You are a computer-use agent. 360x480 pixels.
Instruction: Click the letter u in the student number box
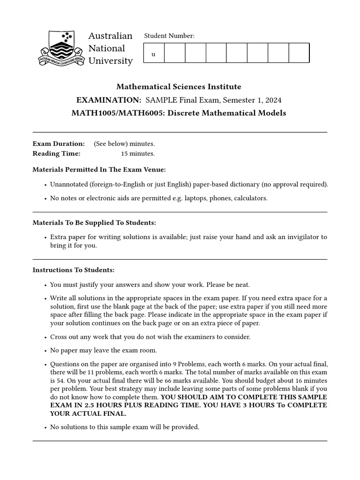coord(153,54)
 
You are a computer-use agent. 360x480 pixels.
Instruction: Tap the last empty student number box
coord(299,53)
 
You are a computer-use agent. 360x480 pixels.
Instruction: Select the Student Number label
coord(169,36)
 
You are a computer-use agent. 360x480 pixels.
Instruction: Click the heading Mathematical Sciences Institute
coord(179,87)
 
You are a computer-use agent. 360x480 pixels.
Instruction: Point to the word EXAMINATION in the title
coord(109,100)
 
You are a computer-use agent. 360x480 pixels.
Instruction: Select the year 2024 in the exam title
coord(273,100)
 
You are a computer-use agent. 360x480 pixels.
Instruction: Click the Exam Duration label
coord(59,143)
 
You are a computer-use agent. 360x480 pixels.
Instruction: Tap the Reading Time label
coord(56,153)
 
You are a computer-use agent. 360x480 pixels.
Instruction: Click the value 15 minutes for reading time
coord(138,153)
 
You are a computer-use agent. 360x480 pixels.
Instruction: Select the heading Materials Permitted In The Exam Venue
coord(99,169)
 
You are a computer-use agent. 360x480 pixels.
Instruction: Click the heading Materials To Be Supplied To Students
coord(94,223)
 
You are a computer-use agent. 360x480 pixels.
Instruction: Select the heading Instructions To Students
coord(73,270)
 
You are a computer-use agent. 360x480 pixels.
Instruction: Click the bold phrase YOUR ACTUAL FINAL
coord(88,413)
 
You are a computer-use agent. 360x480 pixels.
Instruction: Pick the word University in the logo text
coord(111,61)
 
